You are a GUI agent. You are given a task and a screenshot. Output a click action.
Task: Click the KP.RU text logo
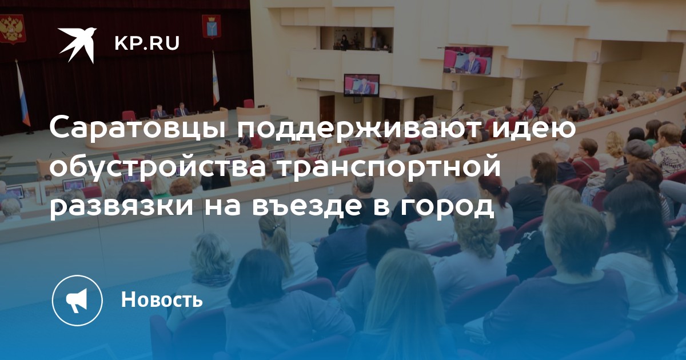[147, 43]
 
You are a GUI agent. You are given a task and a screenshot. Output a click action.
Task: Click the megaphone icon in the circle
[77, 301]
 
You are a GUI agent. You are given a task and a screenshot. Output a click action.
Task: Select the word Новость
[162, 299]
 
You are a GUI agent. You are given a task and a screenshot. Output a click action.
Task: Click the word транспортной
[389, 168]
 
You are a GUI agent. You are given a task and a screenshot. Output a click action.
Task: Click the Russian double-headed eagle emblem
[11, 29]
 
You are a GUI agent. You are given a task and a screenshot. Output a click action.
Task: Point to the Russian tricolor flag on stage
[23, 94]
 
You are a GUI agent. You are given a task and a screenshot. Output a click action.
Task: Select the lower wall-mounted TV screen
[361, 85]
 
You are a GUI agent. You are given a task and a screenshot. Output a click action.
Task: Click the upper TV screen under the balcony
[468, 61]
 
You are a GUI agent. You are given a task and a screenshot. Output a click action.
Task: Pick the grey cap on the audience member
[637, 149]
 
